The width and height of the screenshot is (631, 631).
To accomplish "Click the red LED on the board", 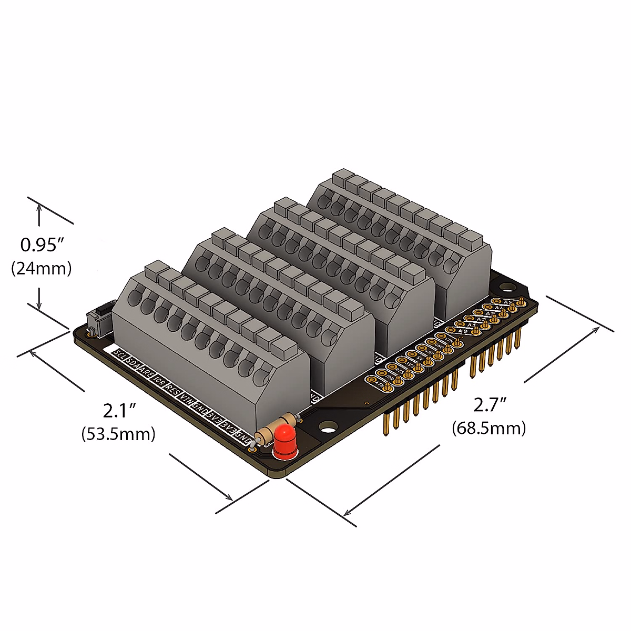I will coord(284,441).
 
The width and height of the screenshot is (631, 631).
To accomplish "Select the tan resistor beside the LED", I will coord(276,428).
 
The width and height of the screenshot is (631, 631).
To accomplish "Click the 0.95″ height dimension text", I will coord(42,245).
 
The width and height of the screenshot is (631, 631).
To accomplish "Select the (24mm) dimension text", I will coord(42,269).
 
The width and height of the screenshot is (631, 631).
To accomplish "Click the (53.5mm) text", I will coord(118,434).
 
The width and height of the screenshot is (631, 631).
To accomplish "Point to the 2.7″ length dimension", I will coord(490,405).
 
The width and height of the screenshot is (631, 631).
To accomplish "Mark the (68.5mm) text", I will coord(489,428).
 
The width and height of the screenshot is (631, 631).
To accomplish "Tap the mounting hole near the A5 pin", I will coord(507,288).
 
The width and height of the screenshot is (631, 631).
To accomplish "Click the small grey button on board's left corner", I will coord(96,320).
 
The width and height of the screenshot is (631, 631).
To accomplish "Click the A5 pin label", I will coord(507,302).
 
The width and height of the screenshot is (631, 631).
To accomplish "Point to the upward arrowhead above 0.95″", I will coord(39,208).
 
